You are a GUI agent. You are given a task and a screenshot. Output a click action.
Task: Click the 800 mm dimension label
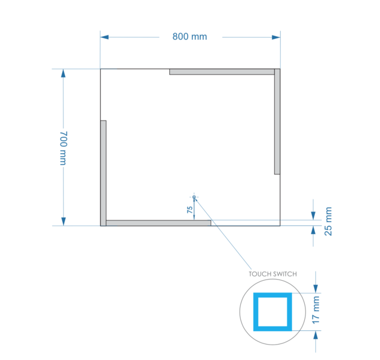click(189, 37)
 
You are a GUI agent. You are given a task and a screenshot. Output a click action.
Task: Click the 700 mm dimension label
click(63, 148)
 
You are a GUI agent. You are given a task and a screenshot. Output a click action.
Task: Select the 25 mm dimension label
click(329, 221)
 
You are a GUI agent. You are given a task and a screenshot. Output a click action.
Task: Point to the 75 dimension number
click(189, 210)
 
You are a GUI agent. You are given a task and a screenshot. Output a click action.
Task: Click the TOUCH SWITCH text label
click(272, 274)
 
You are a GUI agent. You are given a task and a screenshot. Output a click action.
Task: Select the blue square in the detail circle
click(272, 312)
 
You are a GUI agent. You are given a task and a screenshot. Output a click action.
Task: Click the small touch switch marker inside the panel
click(194, 197)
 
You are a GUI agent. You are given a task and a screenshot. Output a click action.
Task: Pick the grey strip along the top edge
click(222, 72)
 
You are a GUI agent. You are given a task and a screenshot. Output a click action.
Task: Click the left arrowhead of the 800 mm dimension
click(105, 37)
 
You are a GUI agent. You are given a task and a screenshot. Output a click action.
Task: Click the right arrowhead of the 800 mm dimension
click(276, 37)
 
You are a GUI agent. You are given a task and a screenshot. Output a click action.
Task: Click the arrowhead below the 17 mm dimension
click(316, 335)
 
